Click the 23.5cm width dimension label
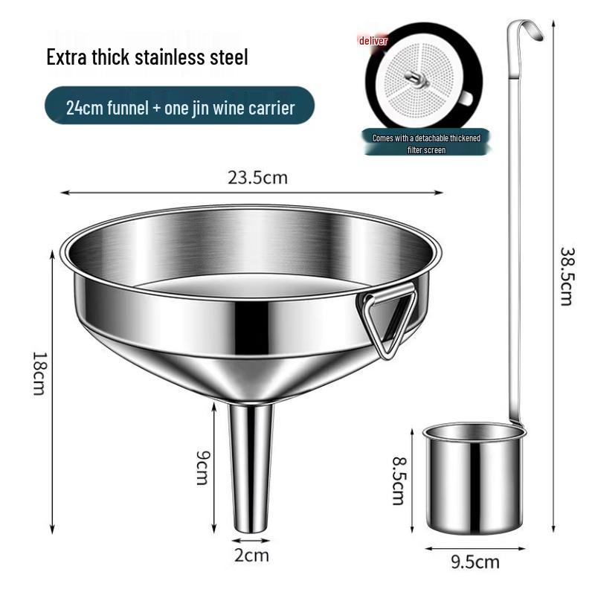[257, 178]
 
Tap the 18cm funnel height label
[39, 373]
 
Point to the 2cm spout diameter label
[251, 555]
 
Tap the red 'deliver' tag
[373, 41]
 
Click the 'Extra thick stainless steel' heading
[147, 57]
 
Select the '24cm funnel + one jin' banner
[179, 107]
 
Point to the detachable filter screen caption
[426, 143]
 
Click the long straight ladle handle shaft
[513, 223]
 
